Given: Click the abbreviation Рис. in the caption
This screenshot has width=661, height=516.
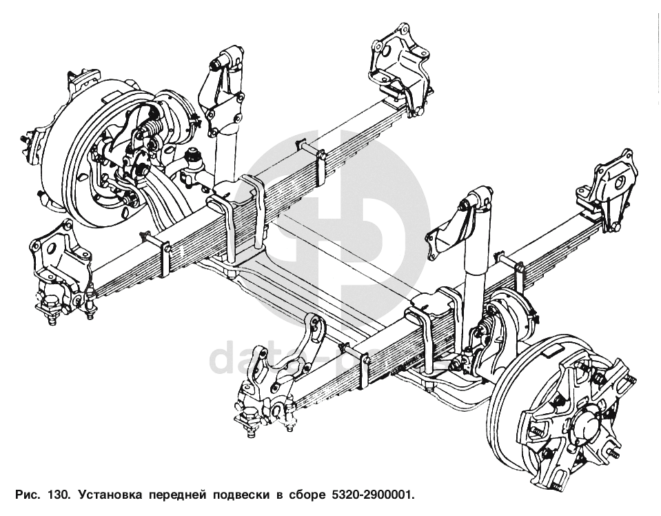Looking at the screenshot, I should point(27,495).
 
